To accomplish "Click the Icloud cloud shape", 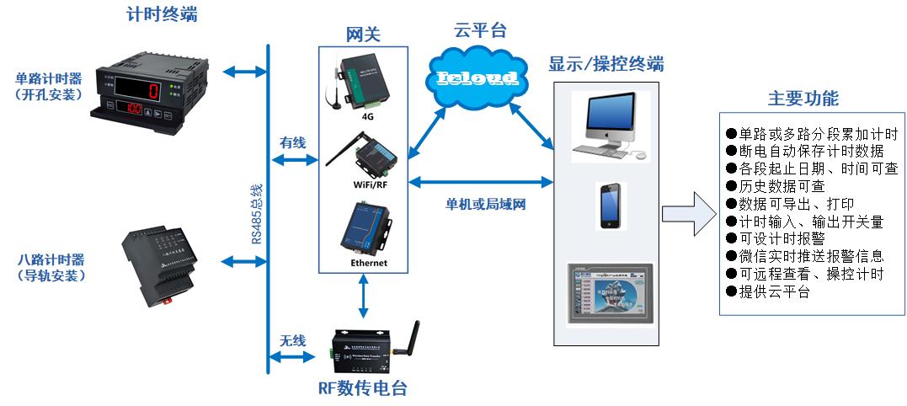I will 477,78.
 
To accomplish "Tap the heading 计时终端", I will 162,14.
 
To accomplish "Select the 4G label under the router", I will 367,117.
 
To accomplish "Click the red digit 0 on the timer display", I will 154,89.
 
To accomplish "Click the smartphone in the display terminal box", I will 611,206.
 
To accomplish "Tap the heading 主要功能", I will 803,98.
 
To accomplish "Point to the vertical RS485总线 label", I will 256,215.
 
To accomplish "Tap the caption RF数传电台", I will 368,389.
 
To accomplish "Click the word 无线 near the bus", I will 292,340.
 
